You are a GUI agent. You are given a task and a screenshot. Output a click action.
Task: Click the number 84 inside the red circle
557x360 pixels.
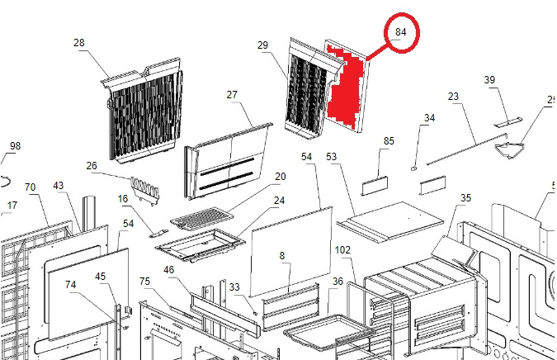point(402,32)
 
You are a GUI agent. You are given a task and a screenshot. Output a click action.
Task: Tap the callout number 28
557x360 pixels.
point(79,43)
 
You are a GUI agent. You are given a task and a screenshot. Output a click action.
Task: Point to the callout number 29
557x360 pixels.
point(263,45)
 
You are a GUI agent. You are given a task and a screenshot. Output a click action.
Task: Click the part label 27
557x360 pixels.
point(233,95)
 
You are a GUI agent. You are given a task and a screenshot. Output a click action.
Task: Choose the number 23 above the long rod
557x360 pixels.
point(453,97)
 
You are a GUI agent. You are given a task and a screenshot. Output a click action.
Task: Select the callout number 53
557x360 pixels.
point(332,156)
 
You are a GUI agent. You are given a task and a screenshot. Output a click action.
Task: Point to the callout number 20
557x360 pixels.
point(280,177)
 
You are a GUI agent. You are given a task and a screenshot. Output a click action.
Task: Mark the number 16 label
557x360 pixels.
point(123,199)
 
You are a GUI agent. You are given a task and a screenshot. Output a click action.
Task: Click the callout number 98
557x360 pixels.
point(15,146)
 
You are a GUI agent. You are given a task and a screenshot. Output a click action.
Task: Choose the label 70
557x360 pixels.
point(31,187)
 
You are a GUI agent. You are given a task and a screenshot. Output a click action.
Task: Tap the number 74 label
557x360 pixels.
point(71,284)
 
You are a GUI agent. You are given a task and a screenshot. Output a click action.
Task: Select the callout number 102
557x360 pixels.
point(342,250)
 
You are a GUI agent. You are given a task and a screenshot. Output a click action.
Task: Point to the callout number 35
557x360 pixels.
point(465,198)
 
